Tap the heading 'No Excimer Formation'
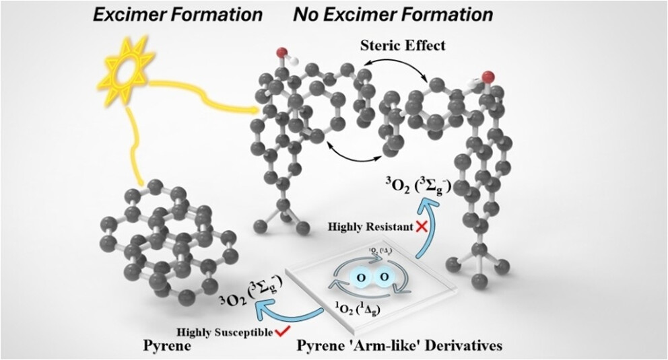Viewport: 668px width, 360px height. click(x=393, y=14)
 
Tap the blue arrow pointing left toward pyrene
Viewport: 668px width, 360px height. click(x=286, y=309)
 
